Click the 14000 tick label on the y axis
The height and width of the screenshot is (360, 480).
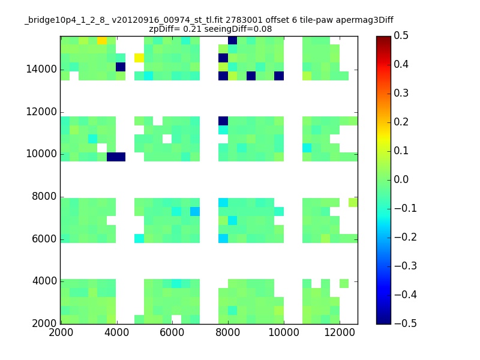click(x=41, y=69)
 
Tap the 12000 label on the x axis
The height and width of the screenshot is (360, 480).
click(x=340, y=332)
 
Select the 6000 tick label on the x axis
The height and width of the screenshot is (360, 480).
click(x=172, y=332)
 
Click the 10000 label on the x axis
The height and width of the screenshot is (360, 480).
click(x=284, y=332)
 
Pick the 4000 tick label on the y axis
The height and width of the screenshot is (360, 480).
click(x=44, y=281)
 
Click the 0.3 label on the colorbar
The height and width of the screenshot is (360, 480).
click(x=401, y=93)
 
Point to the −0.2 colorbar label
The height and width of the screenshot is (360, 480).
click(x=406, y=237)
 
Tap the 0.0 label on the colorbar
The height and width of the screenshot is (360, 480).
click(x=401, y=179)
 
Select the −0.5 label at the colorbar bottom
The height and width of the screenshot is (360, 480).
click(x=406, y=323)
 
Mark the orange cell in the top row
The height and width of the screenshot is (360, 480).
click(x=102, y=40)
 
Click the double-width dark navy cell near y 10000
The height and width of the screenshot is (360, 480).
click(x=116, y=157)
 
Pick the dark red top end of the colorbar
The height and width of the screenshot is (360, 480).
click(x=383, y=38)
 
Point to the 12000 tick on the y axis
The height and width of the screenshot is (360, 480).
click(x=62, y=112)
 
